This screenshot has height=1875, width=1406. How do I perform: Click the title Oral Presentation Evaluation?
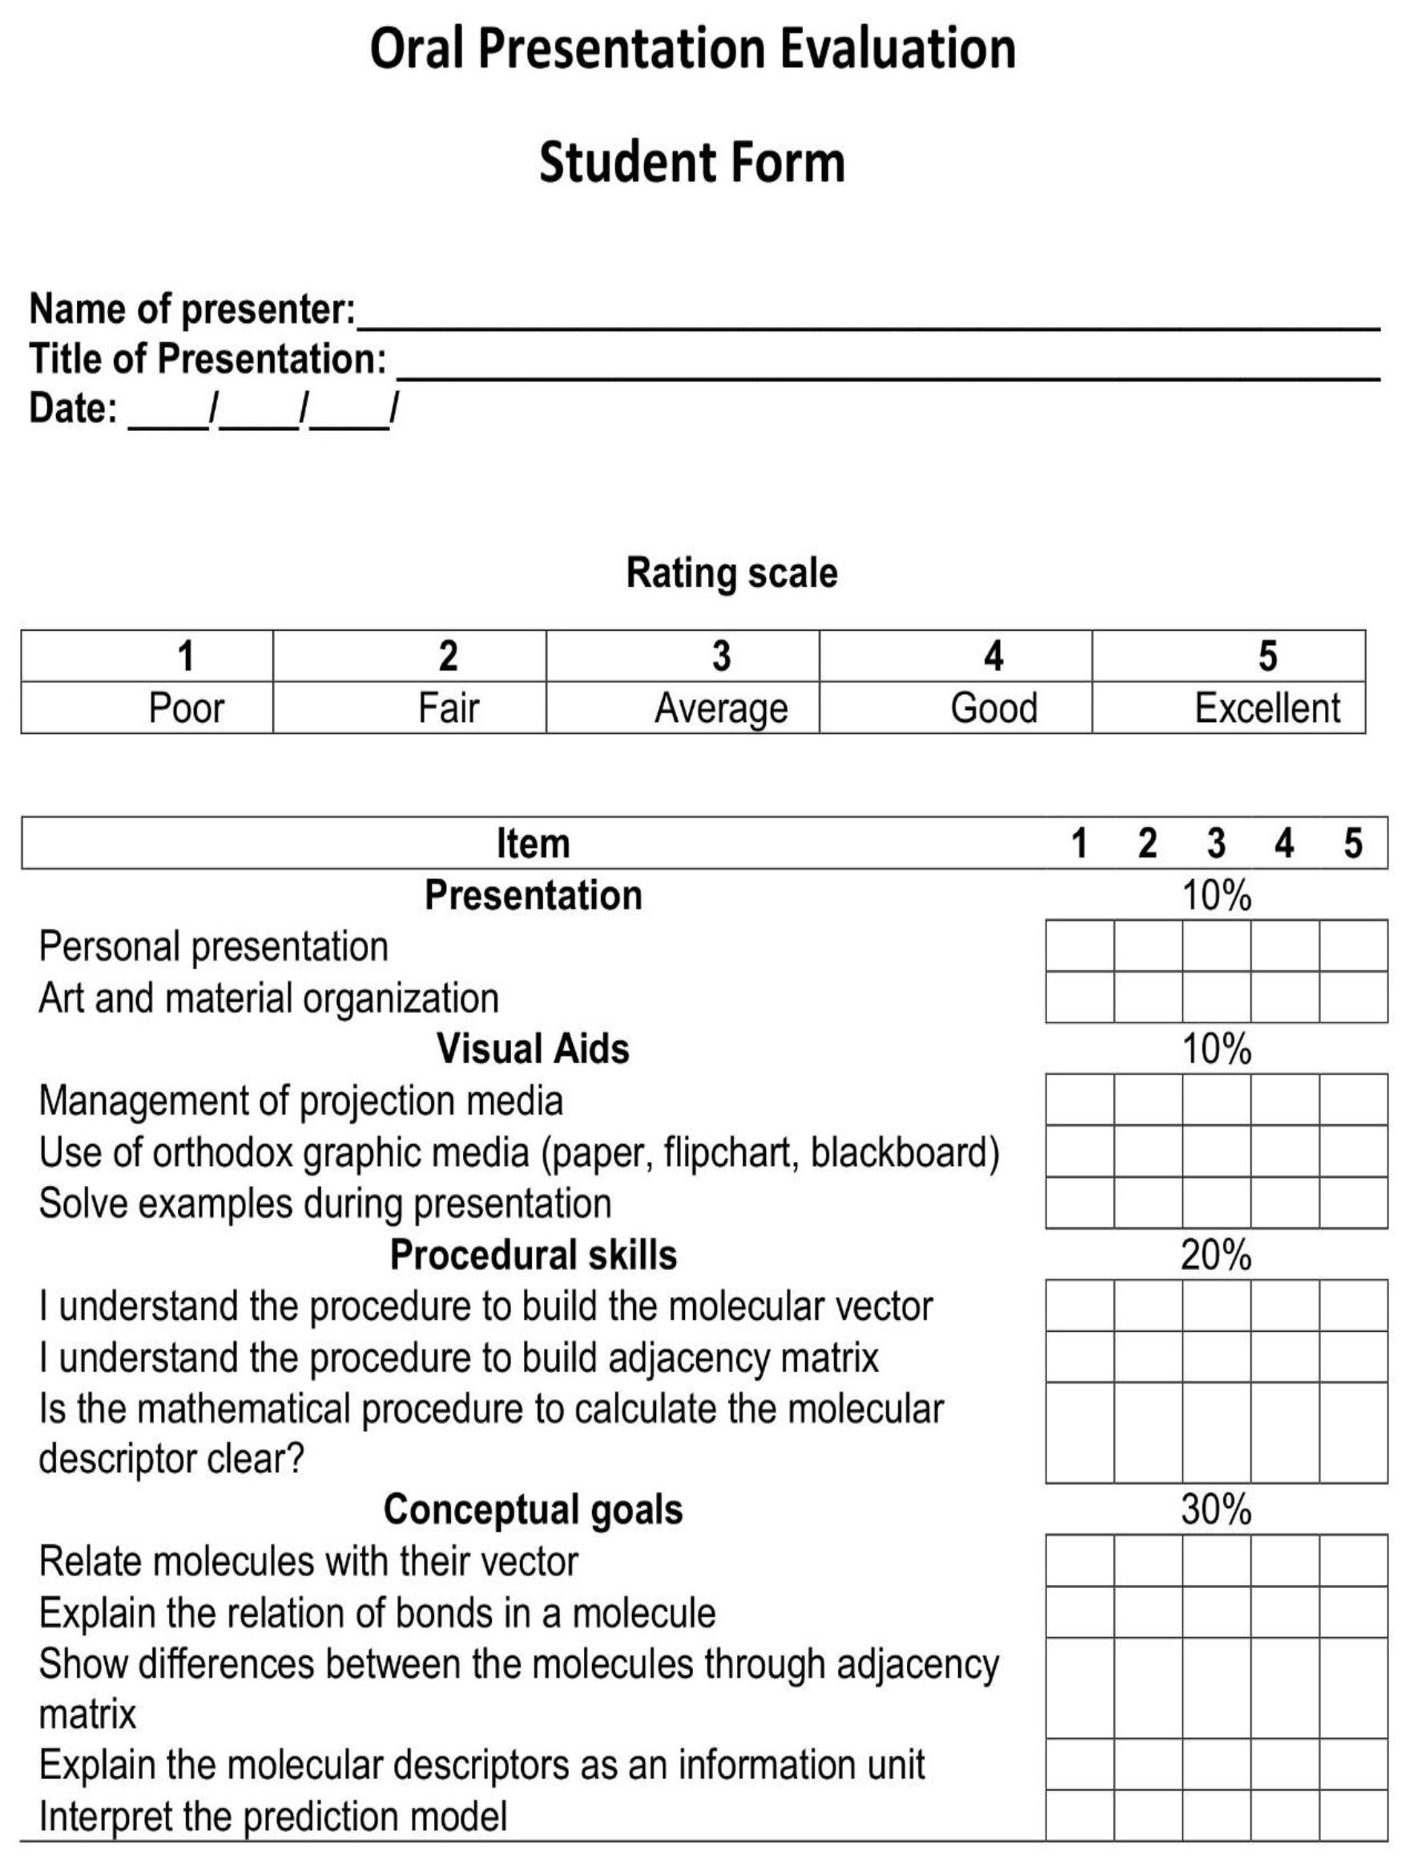[x=692, y=48]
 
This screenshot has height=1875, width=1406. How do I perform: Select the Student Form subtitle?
[x=692, y=163]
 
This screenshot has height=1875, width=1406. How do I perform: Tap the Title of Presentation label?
[x=207, y=358]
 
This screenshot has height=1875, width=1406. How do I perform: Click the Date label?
[x=73, y=408]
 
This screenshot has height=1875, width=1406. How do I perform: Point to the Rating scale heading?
[x=731, y=573]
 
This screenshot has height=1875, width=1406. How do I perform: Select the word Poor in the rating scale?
[x=187, y=708]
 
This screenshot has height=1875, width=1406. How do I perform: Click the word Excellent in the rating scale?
[x=1267, y=708]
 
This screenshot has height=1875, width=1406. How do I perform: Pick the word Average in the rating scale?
[x=720, y=708]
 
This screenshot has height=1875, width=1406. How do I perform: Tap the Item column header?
[x=533, y=844]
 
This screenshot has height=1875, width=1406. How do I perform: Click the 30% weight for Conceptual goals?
[x=1216, y=1510]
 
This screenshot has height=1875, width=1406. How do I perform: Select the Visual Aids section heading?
[x=533, y=1049]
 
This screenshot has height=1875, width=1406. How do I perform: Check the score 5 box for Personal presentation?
[x=1353, y=946]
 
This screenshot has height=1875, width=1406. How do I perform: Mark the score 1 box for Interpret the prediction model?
[x=1080, y=1817]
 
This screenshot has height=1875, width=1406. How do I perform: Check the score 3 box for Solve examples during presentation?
[x=1216, y=1203]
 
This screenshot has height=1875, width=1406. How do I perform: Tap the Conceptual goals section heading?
[x=533, y=1510]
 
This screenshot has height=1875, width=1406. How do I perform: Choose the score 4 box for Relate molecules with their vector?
[x=1285, y=1561]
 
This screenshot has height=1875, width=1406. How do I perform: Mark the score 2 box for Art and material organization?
[x=1147, y=998]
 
